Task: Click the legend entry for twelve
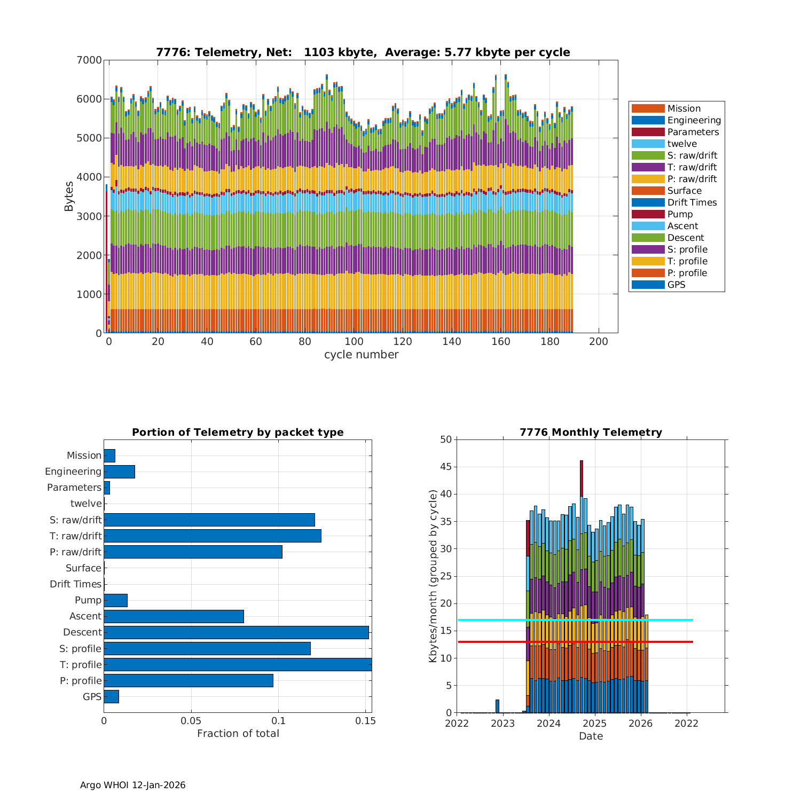[x=682, y=144]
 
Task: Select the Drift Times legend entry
[x=692, y=202]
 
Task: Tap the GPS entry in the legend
[x=676, y=285]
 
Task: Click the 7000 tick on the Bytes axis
[x=89, y=60]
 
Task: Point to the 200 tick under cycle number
[x=598, y=342]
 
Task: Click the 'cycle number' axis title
[x=361, y=355]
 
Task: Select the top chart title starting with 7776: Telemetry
[x=363, y=52]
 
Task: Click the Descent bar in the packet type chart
[x=236, y=632]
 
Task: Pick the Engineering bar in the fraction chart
[x=119, y=472]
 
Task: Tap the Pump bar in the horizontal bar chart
[x=115, y=600]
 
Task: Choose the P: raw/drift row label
[x=75, y=552]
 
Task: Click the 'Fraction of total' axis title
[x=238, y=734]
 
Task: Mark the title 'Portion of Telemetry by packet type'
[x=238, y=433]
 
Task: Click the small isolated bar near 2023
[x=497, y=706]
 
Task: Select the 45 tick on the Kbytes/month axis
[x=446, y=467]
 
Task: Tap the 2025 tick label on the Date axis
[x=594, y=724]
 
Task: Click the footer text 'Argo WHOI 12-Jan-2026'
[x=132, y=785]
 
